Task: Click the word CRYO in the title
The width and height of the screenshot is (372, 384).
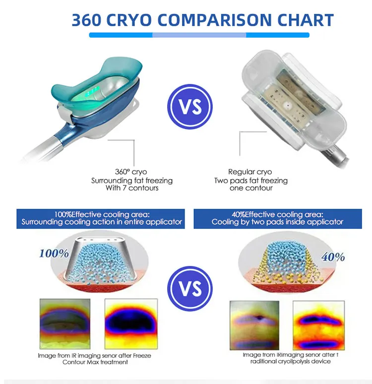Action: [x=129, y=20]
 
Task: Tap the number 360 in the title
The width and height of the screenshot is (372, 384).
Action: [x=86, y=20]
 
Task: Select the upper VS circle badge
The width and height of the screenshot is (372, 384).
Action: [x=190, y=107]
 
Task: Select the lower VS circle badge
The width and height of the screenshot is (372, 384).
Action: [x=190, y=288]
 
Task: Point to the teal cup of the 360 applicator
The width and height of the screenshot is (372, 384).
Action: [x=96, y=78]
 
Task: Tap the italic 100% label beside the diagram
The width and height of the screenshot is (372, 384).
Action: [x=54, y=254]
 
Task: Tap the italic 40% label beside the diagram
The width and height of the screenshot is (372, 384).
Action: [x=333, y=257]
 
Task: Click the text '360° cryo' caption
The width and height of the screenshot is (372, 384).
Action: [x=131, y=172]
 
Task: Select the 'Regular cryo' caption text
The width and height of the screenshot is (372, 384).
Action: [x=250, y=172]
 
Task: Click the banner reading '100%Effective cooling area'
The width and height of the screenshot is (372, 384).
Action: [x=101, y=219]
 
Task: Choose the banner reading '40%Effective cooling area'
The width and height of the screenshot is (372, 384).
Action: [x=278, y=219]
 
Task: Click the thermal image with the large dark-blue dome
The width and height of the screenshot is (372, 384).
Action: [x=131, y=324]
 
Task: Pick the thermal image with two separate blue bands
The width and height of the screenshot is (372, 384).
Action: [x=318, y=325]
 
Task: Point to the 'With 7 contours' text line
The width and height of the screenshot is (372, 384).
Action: [x=132, y=188]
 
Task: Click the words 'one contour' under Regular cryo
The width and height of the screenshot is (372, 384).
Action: [x=251, y=188]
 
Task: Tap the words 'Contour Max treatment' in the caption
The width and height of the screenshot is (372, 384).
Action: [x=95, y=362]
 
